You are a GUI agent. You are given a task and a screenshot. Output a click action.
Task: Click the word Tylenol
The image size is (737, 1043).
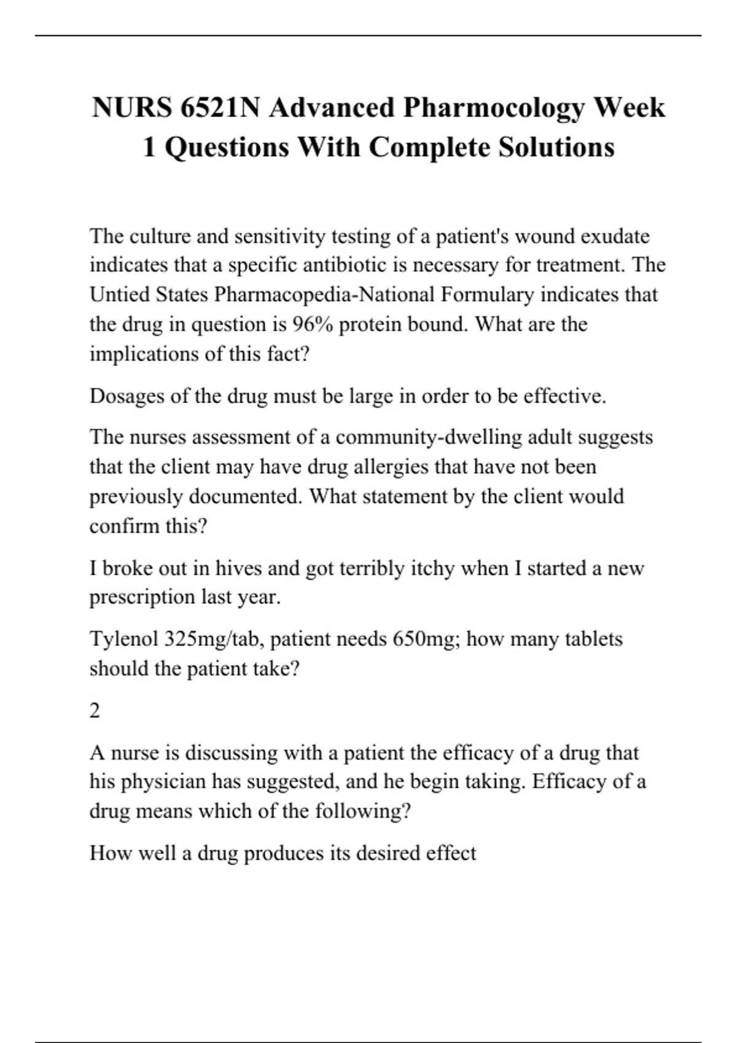(123, 639)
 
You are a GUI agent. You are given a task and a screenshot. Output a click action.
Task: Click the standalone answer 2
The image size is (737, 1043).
(95, 710)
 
